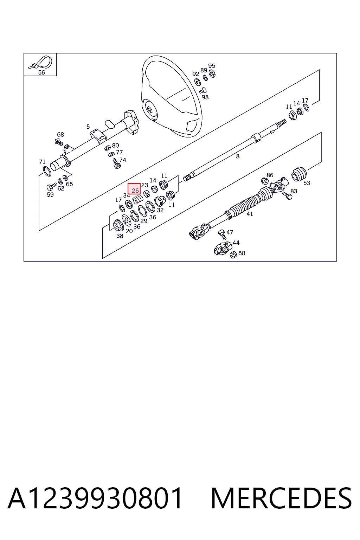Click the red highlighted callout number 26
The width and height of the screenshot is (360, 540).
point(134,188)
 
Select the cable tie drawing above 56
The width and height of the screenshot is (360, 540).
point(40,62)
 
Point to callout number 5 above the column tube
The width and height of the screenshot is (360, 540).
point(88,127)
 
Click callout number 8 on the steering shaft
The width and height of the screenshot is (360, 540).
point(238,156)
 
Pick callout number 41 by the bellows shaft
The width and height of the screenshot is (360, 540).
point(250,214)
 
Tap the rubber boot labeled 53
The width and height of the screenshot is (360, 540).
point(299,174)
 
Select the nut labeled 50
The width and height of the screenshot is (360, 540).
point(233,254)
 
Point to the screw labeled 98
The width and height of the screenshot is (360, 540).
point(203,90)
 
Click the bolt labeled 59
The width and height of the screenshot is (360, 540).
point(51,186)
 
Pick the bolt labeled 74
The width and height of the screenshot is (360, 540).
point(117,163)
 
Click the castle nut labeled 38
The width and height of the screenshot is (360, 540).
point(118,226)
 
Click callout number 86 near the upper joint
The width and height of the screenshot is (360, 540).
point(270,175)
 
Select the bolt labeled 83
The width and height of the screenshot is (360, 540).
point(287,195)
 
